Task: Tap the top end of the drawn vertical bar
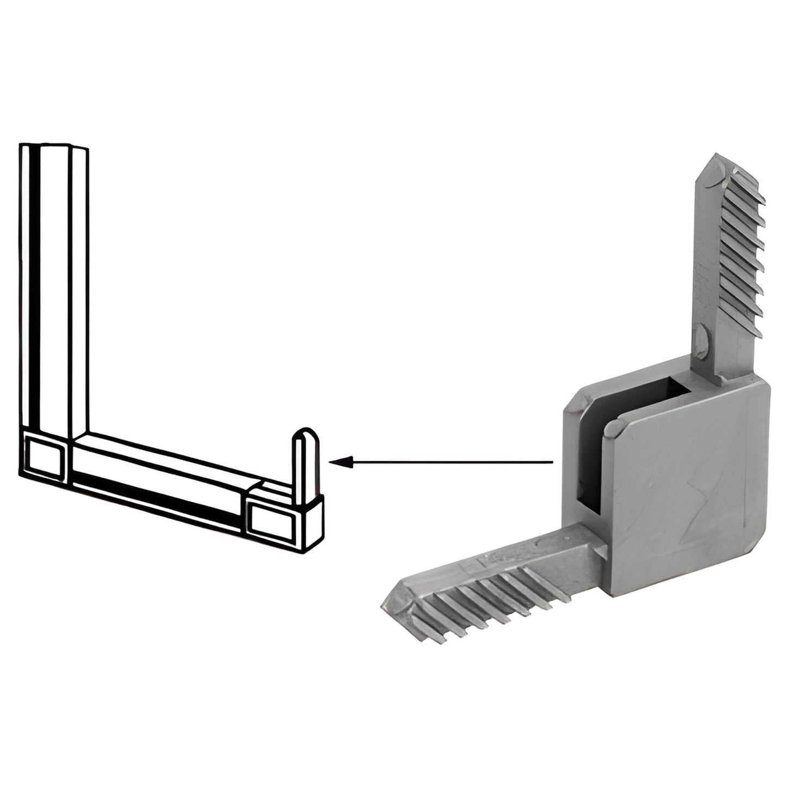click(53, 147)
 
